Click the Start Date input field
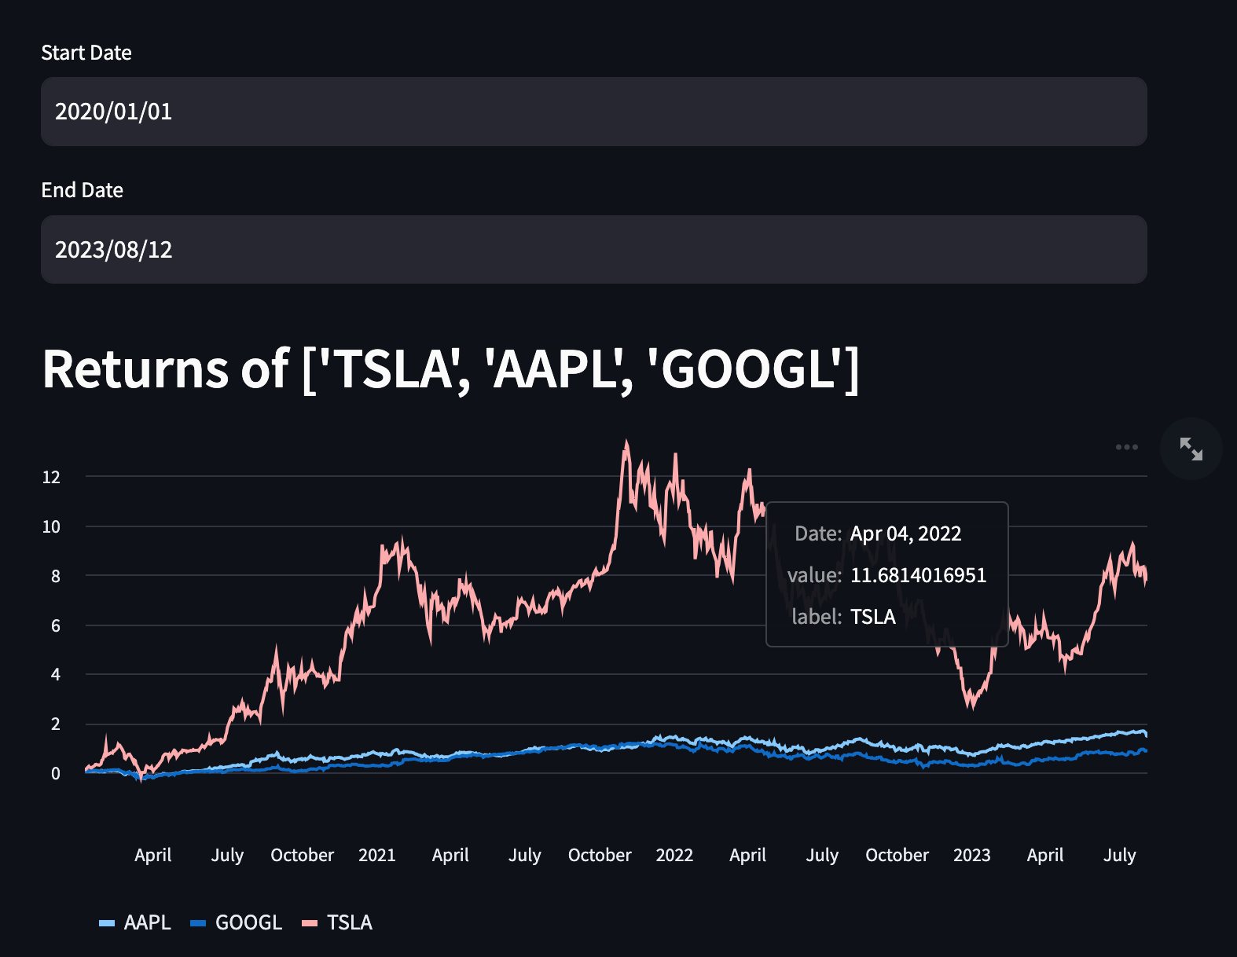point(593,112)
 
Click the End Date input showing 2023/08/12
point(593,250)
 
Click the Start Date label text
point(86,53)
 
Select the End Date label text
point(83,190)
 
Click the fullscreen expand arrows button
point(1191,449)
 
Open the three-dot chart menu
point(1126,447)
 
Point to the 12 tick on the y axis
point(51,477)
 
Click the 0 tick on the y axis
point(55,774)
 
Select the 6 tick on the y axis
point(55,626)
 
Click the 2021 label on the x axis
point(377,855)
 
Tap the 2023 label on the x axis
point(972,855)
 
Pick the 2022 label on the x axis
point(674,855)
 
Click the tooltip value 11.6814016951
point(918,575)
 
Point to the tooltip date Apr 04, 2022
point(905,533)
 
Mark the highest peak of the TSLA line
point(626,442)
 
